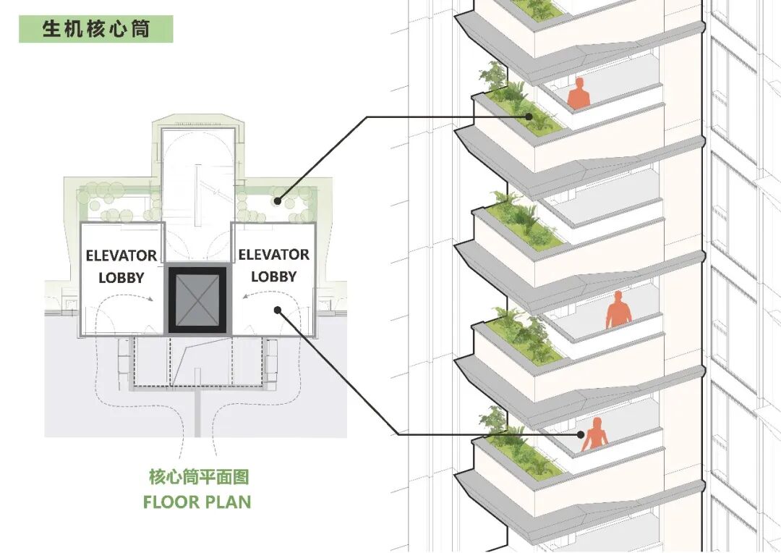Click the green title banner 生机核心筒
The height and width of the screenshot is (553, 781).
coord(95,29)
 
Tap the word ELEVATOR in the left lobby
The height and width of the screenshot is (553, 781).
coord(121,256)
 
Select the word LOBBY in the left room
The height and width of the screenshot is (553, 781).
coord(121,278)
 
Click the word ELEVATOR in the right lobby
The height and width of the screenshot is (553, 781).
coord(273,255)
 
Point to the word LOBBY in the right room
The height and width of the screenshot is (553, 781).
coord(273,276)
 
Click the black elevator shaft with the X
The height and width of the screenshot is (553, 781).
coord(197,299)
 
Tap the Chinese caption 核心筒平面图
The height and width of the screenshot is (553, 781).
coord(199,477)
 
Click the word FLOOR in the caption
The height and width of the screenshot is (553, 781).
coord(171,502)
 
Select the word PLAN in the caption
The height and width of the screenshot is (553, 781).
coord(229,502)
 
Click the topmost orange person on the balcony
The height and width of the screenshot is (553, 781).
coord(579,95)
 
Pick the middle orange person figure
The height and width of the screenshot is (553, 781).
coord(618,311)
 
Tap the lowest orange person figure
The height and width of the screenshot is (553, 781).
coord(594,435)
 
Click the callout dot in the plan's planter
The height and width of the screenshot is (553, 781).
coord(278,201)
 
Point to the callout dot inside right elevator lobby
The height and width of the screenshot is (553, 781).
coord(278,311)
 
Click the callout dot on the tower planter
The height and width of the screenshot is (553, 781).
coord(529,117)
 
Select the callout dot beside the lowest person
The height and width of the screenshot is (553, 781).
coord(580,435)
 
